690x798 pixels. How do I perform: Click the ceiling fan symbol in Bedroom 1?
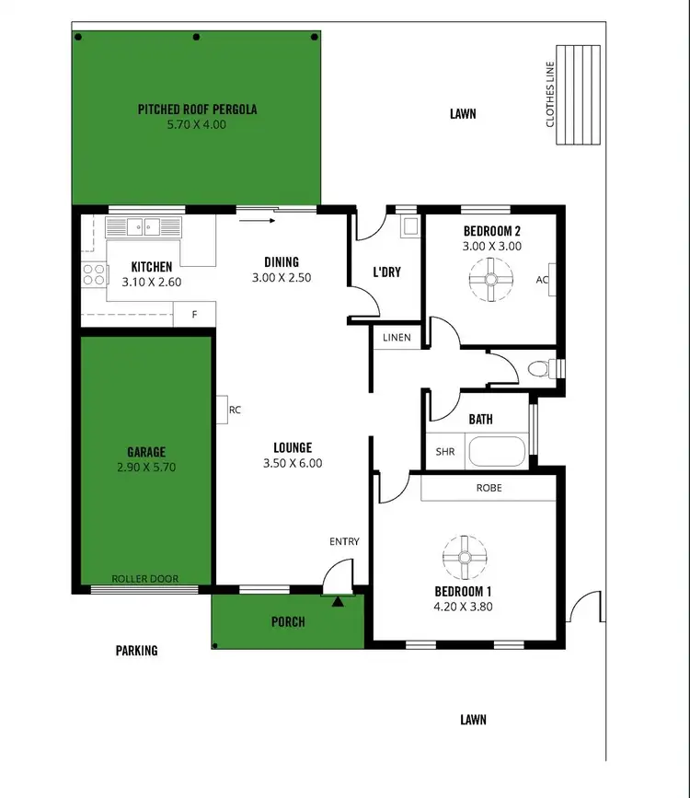click(x=463, y=557)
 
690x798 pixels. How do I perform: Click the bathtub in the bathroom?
click(x=496, y=452)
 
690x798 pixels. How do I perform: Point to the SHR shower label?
click(x=444, y=452)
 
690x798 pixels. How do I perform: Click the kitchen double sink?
click(x=144, y=227)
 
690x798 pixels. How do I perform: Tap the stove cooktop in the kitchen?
click(x=94, y=273)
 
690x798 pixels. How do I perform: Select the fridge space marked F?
click(x=194, y=314)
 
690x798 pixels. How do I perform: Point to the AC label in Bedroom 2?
click(x=542, y=280)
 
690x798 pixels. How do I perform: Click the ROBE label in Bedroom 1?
click(x=489, y=488)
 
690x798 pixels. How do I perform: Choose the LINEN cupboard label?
click(x=397, y=338)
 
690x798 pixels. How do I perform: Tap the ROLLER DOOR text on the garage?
click(x=144, y=579)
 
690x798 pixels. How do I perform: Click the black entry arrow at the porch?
click(x=339, y=602)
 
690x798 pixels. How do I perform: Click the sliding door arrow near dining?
click(x=258, y=220)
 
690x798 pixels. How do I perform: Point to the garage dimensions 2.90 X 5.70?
click(x=146, y=467)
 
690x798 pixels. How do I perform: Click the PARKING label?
click(x=136, y=651)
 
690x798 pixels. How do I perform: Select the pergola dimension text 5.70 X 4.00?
click(x=196, y=124)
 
